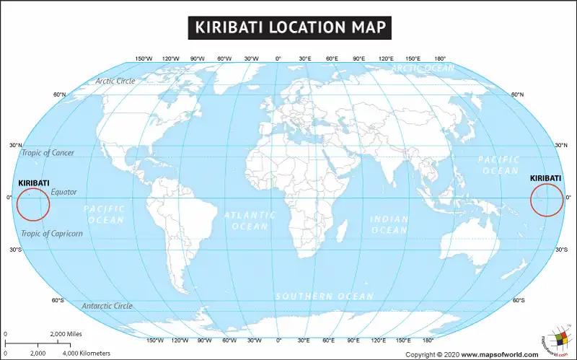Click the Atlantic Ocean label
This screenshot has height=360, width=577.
[x=250, y=221]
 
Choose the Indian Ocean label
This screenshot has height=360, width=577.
[x=389, y=224]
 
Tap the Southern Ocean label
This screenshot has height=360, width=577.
[x=325, y=297]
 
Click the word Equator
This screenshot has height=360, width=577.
[x=63, y=192]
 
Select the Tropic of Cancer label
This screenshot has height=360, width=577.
[x=48, y=153]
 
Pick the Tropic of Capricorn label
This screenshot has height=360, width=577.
[x=52, y=234]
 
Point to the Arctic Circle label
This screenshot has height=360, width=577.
[x=115, y=81]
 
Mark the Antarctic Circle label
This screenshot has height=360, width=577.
[x=107, y=306]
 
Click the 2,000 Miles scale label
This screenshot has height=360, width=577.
[x=66, y=334]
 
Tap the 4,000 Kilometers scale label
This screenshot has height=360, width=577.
[x=87, y=354]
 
